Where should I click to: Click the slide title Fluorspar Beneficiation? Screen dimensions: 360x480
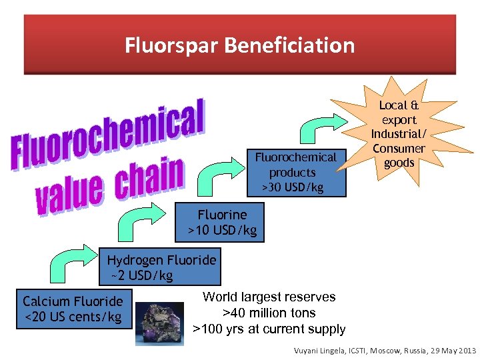point(239,45)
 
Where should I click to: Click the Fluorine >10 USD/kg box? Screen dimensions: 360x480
point(222,223)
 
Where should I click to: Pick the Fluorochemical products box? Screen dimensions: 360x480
point(297,172)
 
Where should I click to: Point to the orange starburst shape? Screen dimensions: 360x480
point(398,134)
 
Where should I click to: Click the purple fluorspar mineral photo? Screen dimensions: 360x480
point(160,323)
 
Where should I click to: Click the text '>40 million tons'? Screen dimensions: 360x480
point(269,313)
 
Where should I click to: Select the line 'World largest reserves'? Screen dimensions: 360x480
point(269,297)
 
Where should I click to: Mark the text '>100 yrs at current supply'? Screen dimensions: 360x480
point(269,329)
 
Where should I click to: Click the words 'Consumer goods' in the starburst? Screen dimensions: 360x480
point(399,155)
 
